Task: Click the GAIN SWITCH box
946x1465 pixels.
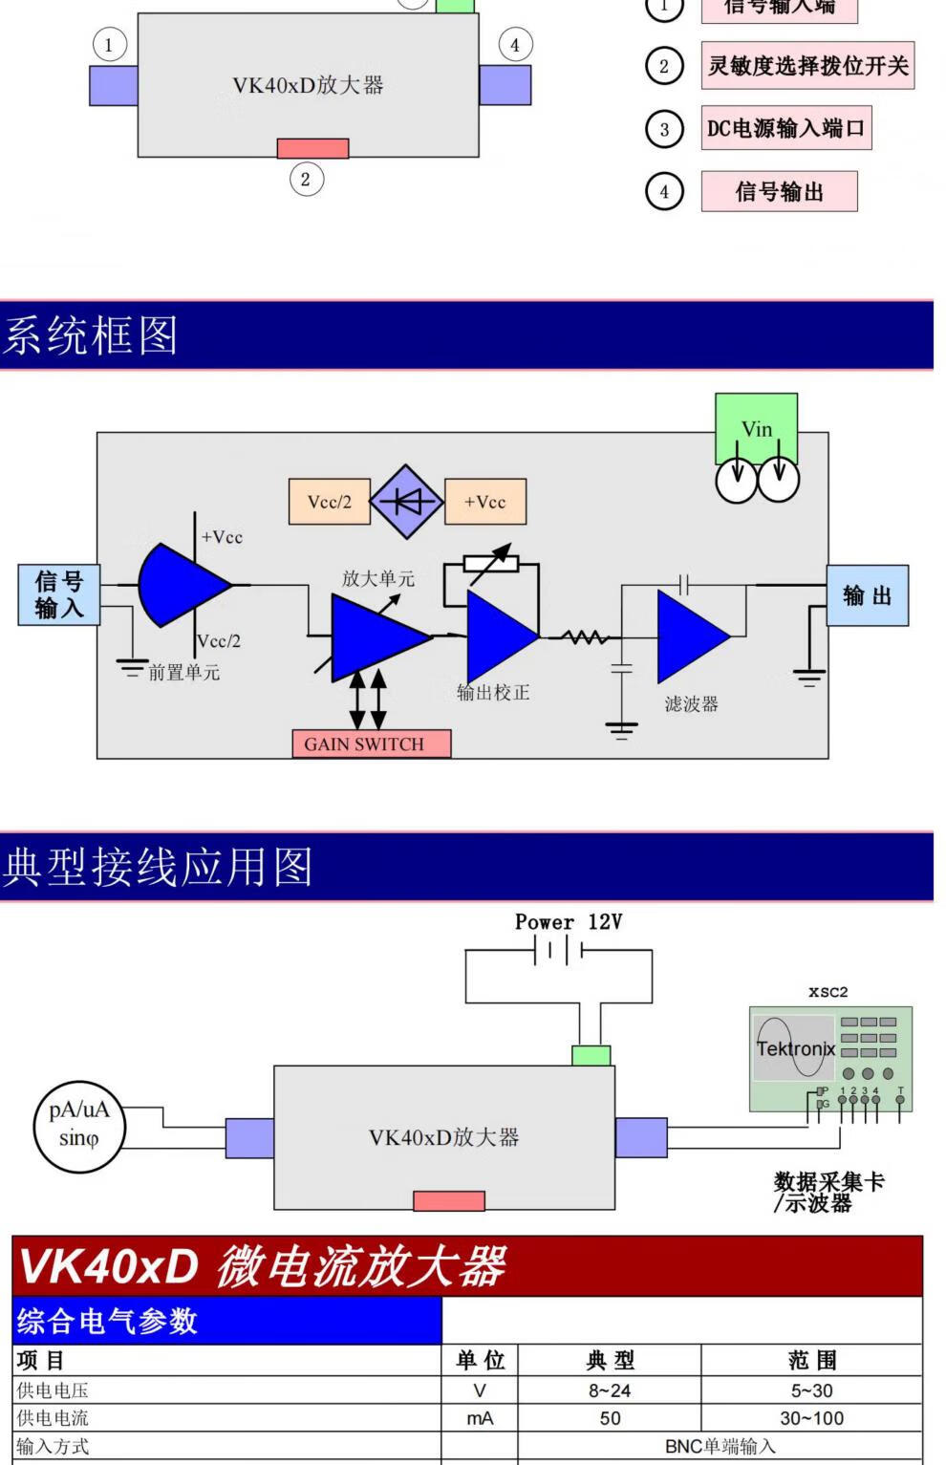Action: click(x=371, y=743)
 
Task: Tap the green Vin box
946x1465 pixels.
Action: click(x=756, y=428)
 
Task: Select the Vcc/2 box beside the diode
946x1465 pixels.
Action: click(x=329, y=502)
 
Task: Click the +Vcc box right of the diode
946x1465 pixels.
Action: click(x=485, y=502)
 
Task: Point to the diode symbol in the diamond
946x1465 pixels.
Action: click(x=407, y=502)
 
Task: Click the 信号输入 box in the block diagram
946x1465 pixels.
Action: click(x=59, y=594)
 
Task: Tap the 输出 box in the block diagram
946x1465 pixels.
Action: click(x=867, y=595)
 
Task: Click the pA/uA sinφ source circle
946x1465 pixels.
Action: click(x=78, y=1125)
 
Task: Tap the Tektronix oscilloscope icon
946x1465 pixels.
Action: click(x=830, y=1059)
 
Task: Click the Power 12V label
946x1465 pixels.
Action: click(x=569, y=922)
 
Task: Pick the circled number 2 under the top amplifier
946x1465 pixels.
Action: click(x=306, y=179)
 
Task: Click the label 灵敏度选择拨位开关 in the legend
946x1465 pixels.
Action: click(x=807, y=66)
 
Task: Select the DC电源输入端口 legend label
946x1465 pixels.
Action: click(x=785, y=128)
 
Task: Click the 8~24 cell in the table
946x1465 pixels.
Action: click(x=610, y=1390)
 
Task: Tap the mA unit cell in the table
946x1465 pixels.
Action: click(x=480, y=1418)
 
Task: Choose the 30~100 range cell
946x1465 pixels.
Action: click(x=811, y=1418)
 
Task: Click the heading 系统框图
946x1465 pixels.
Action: click(x=91, y=335)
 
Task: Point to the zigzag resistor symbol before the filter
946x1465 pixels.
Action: click(x=585, y=636)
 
